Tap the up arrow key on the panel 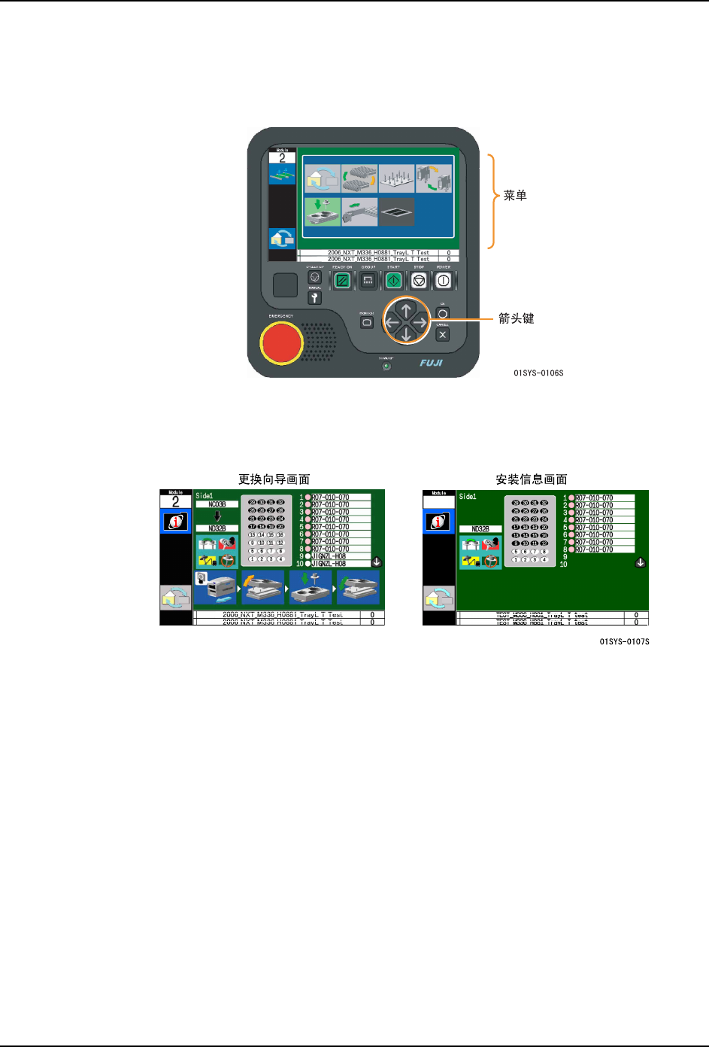(x=406, y=309)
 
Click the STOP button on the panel (x=419, y=281)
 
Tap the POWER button (x=444, y=281)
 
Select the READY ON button (x=342, y=281)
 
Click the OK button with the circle (x=443, y=314)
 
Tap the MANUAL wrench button (x=314, y=298)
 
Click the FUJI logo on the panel (x=432, y=363)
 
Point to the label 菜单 (x=515, y=196)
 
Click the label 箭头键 (x=517, y=318)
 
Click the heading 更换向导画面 (x=274, y=479)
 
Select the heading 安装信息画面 (x=531, y=479)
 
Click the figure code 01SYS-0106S (x=538, y=373)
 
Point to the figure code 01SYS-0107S (x=624, y=642)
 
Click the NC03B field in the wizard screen (x=217, y=504)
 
